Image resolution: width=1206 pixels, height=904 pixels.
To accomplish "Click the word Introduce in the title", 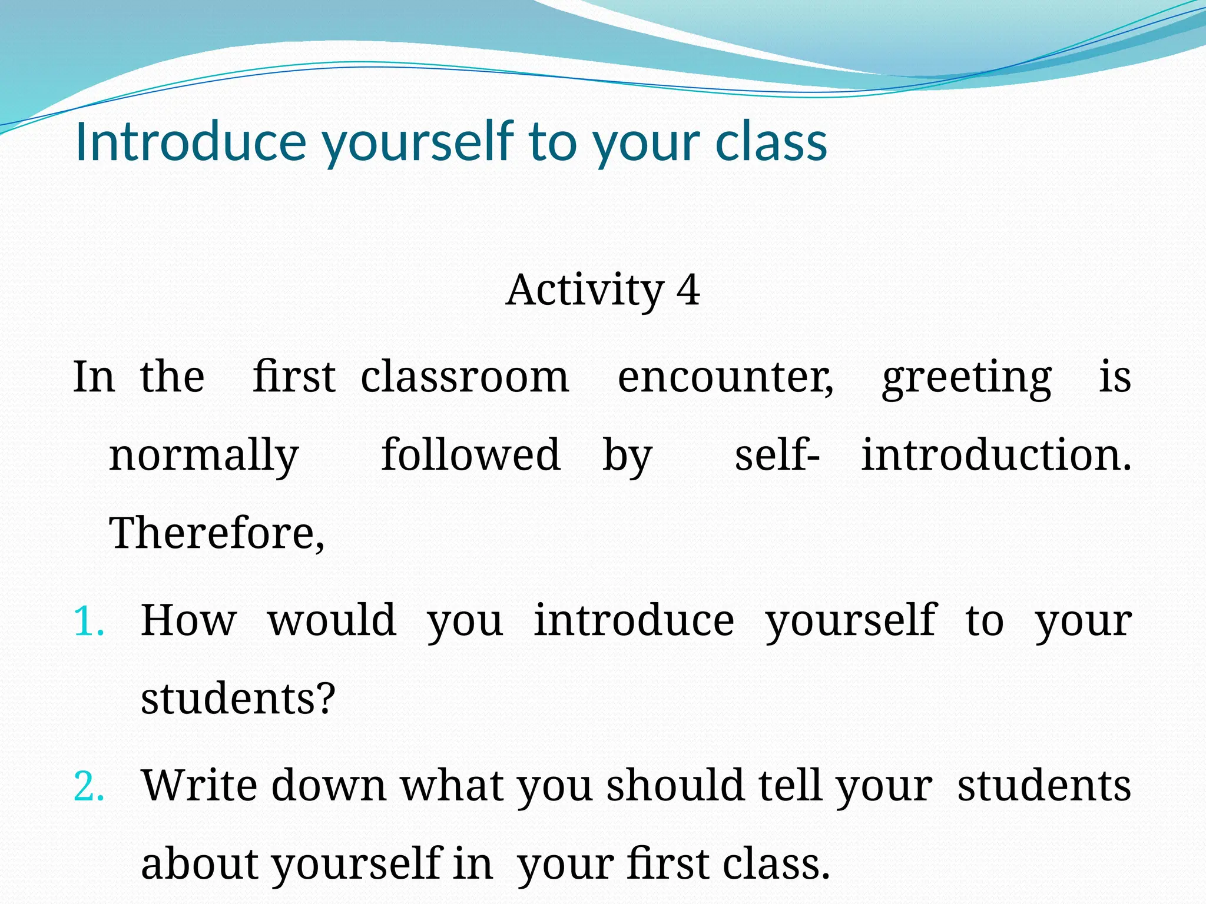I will click(x=191, y=142).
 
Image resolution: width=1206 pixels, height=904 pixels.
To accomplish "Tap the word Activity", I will click(x=585, y=290).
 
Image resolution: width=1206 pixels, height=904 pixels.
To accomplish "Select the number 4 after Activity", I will click(x=688, y=290).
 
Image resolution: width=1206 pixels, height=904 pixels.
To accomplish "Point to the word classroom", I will click(x=465, y=377).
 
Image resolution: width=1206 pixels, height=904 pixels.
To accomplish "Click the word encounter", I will click(x=725, y=377).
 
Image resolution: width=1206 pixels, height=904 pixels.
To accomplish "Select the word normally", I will click(x=204, y=456).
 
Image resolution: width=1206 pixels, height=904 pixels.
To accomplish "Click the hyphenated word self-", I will click(x=777, y=455).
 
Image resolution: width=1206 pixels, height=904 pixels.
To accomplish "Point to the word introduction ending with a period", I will click(x=996, y=455).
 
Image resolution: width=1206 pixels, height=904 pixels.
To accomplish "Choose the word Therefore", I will click(x=216, y=533).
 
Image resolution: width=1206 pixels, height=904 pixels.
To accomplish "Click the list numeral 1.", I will click(x=89, y=621).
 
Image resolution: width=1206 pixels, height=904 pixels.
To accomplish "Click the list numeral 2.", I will click(x=89, y=787).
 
